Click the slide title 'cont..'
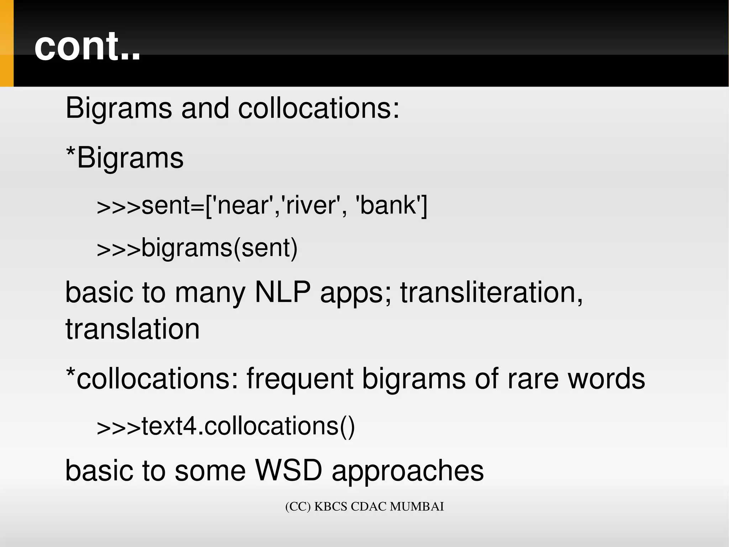pos(87,46)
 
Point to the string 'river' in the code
pos(311,206)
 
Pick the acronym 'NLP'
pos(283,292)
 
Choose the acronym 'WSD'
pos(289,470)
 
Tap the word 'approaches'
pos(408,471)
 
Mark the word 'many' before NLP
pos(210,293)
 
